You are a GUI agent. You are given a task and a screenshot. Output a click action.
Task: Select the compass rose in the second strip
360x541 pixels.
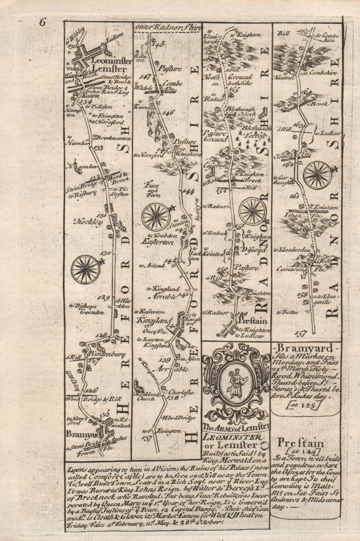[x=156, y=217]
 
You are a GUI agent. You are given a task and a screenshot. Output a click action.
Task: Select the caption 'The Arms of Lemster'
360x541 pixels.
[x=236, y=427]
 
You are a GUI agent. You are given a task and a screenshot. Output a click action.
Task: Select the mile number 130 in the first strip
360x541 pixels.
[x=105, y=253]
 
